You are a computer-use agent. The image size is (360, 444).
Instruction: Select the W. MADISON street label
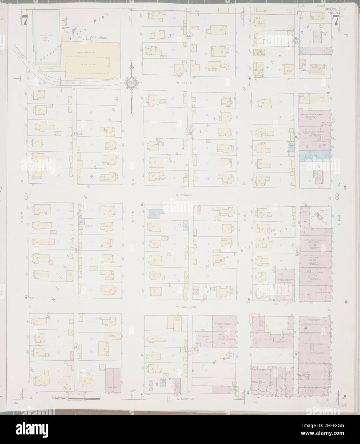tap(185, 306)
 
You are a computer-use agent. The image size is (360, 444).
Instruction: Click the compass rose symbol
tap(131, 82)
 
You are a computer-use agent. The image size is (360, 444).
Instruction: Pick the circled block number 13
tap(297, 42)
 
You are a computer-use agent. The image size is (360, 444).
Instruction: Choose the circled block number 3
tap(296, 355)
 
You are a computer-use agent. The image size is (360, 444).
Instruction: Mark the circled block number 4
tap(190, 351)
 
